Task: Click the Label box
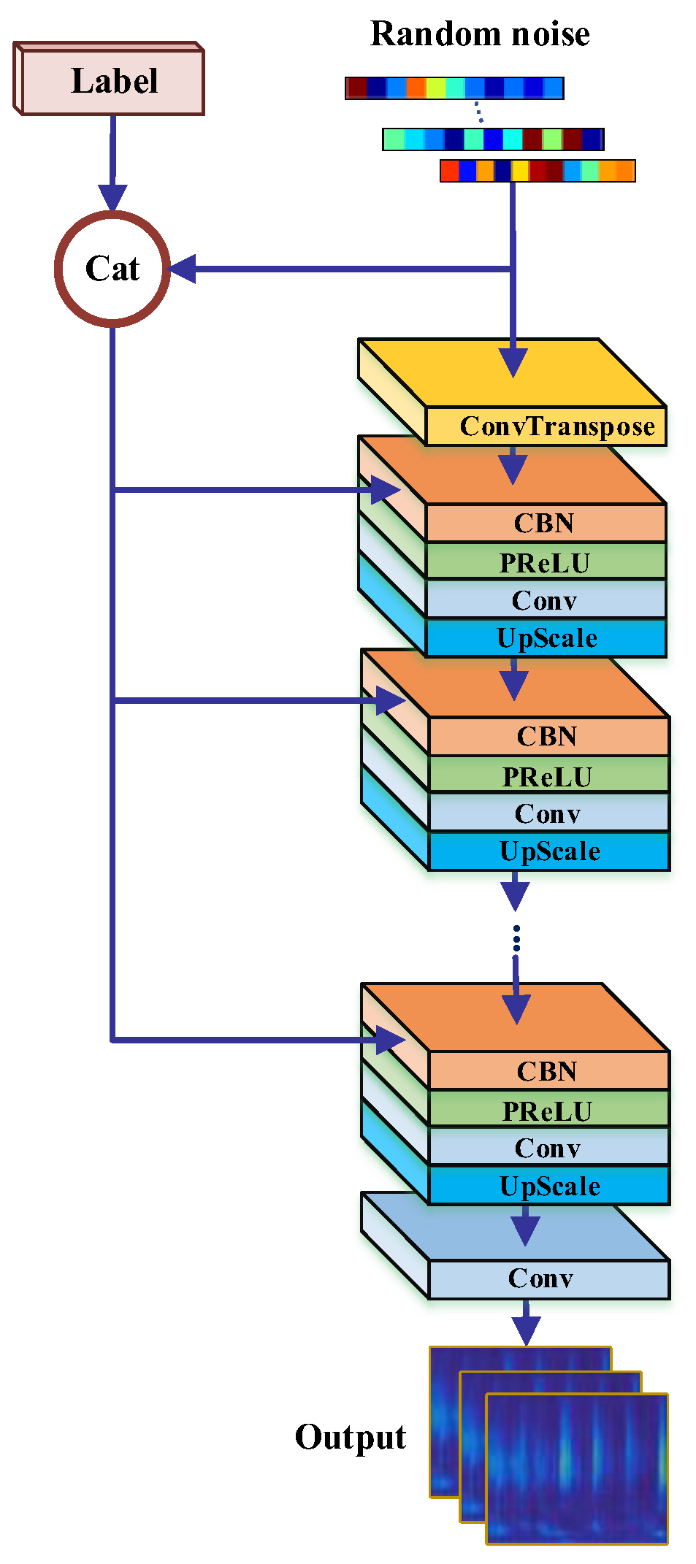click(x=113, y=81)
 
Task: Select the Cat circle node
click(x=112, y=269)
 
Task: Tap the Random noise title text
click(x=480, y=34)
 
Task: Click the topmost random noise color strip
click(x=454, y=88)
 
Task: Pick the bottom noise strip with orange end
click(x=538, y=171)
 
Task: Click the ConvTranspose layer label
click(x=557, y=426)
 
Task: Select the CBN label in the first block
click(x=544, y=523)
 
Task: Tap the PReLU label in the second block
click(x=547, y=776)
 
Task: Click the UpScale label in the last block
click(x=549, y=1186)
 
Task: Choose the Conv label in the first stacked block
click(x=544, y=600)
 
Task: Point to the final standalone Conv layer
click(x=540, y=1279)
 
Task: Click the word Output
click(x=351, y=1437)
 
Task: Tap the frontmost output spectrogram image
click(x=577, y=1468)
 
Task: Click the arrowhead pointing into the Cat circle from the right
click(x=183, y=269)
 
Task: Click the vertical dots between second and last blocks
click(x=516, y=938)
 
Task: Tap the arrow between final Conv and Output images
click(x=526, y=1323)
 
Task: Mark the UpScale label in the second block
click(x=549, y=851)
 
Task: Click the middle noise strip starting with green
click(x=493, y=139)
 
